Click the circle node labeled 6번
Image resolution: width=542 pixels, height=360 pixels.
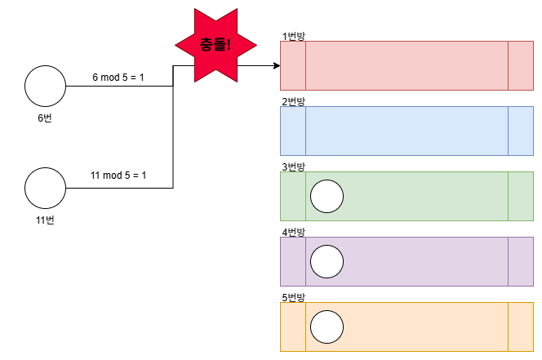[45, 87]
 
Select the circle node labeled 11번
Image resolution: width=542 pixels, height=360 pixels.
[45, 188]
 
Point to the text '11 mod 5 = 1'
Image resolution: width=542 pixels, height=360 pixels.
[118, 176]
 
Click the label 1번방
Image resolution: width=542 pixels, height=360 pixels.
[293, 36]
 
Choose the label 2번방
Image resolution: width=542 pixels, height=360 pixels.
[293, 101]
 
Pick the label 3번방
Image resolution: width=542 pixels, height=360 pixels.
[293, 167]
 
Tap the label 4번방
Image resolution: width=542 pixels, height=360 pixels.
[293, 232]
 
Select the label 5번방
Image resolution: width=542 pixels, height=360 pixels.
[293, 297]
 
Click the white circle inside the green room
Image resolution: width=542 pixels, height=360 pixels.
[327, 196]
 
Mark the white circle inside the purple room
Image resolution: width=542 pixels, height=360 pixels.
[327, 261]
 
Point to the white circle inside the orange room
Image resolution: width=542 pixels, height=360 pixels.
[327, 327]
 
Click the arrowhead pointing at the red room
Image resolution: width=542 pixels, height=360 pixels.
[275, 65]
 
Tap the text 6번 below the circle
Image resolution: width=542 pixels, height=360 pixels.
[45, 119]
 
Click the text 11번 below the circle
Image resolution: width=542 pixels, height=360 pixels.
[45, 220]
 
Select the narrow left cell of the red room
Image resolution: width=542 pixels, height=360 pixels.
[293, 65]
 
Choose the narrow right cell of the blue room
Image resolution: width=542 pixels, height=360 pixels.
[520, 131]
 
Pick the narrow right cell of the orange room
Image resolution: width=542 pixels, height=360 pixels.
[520, 327]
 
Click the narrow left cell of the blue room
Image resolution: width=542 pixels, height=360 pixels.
[293, 131]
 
